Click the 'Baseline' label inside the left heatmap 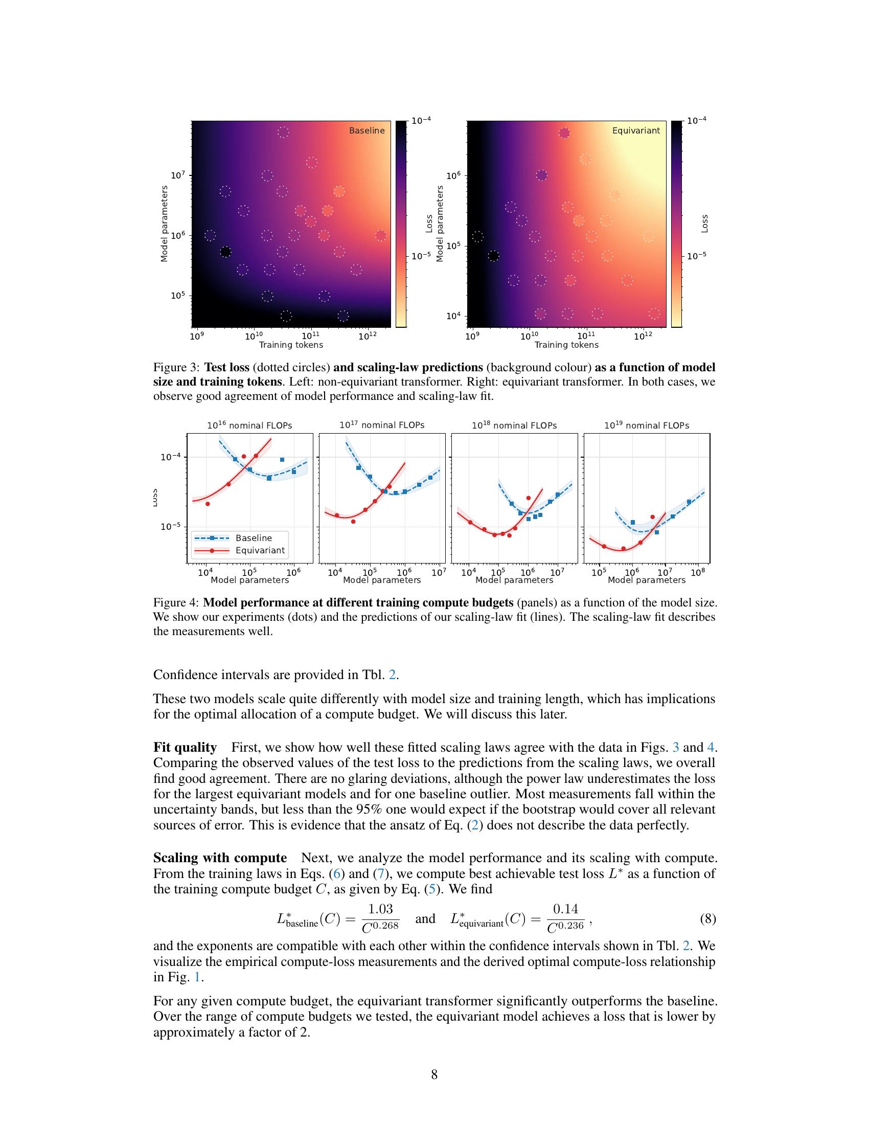pyautogui.click(x=367, y=131)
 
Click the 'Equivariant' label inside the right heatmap pyautogui.click(x=636, y=131)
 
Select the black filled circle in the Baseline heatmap pyautogui.click(x=225, y=252)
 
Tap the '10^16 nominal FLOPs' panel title pyautogui.click(x=249, y=425)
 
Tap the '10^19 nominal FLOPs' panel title pyautogui.click(x=647, y=425)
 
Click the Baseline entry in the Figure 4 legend pyautogui.click(x=253, y=538)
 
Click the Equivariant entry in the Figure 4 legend pyautogui.click(x=260, y=550)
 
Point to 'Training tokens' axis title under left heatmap pyautogui.click(x=291, y=345)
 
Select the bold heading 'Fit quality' pyautogui.click(x=185, y=748)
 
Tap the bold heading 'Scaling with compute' pyautogui.click(x=220, y=858)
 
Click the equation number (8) pyautogui.click(x=707, y=918)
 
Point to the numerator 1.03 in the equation pyautogui.click(x=380, y=909)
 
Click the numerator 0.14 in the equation pyautogui.click(x=565, y=909)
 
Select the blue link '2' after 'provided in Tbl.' pyautogui.click(x=392, y=674)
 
